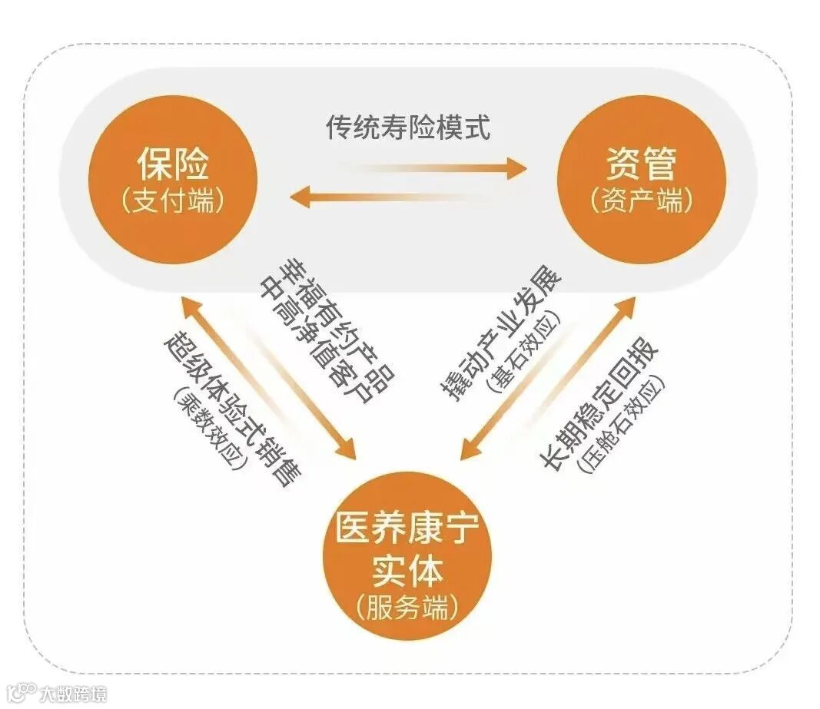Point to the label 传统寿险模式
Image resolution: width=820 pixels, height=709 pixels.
(x=408, y=127)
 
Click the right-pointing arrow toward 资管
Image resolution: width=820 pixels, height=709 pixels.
(x=430, y=168)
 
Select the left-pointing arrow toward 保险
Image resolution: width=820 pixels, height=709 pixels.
(x=384, y=197)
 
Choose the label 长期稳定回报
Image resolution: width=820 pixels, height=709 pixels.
(x=599, y=403)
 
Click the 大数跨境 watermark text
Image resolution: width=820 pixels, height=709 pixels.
(x=74, y=694)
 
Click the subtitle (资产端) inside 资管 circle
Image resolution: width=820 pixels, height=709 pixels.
(x=641, y=201)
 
